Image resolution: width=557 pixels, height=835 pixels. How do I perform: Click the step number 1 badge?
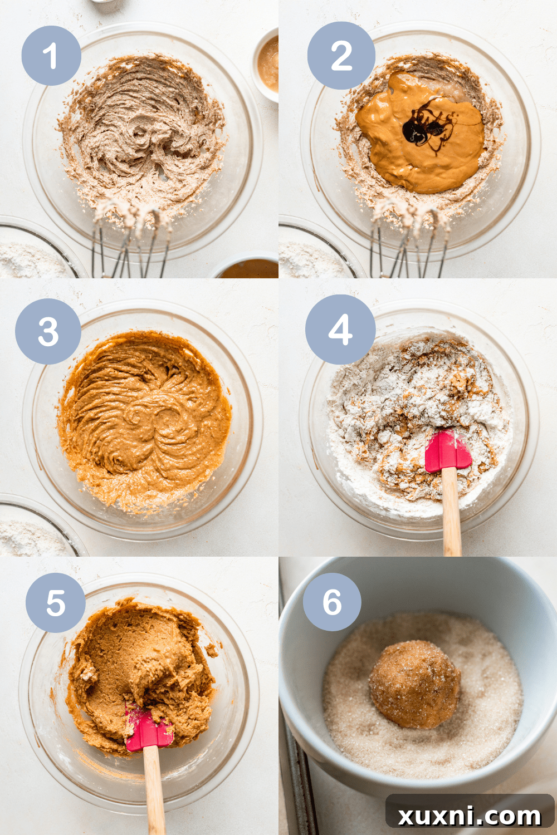[x=51, y=56]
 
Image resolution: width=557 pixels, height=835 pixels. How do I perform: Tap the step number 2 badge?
[x=341, y=56]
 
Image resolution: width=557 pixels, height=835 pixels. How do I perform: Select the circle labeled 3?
[x=48, y=332]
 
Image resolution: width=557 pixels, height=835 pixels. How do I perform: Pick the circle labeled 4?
[x=340, y=330]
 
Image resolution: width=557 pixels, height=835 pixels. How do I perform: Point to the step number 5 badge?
[x=55, y=603]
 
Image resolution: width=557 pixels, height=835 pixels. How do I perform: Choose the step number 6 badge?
[x=332, y=602]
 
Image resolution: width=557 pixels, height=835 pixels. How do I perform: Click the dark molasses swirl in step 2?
[x=422, y=128]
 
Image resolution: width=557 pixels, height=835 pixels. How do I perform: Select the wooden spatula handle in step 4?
[x=451, y=512]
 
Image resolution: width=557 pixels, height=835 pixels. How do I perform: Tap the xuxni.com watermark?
[x=469, y=816]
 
